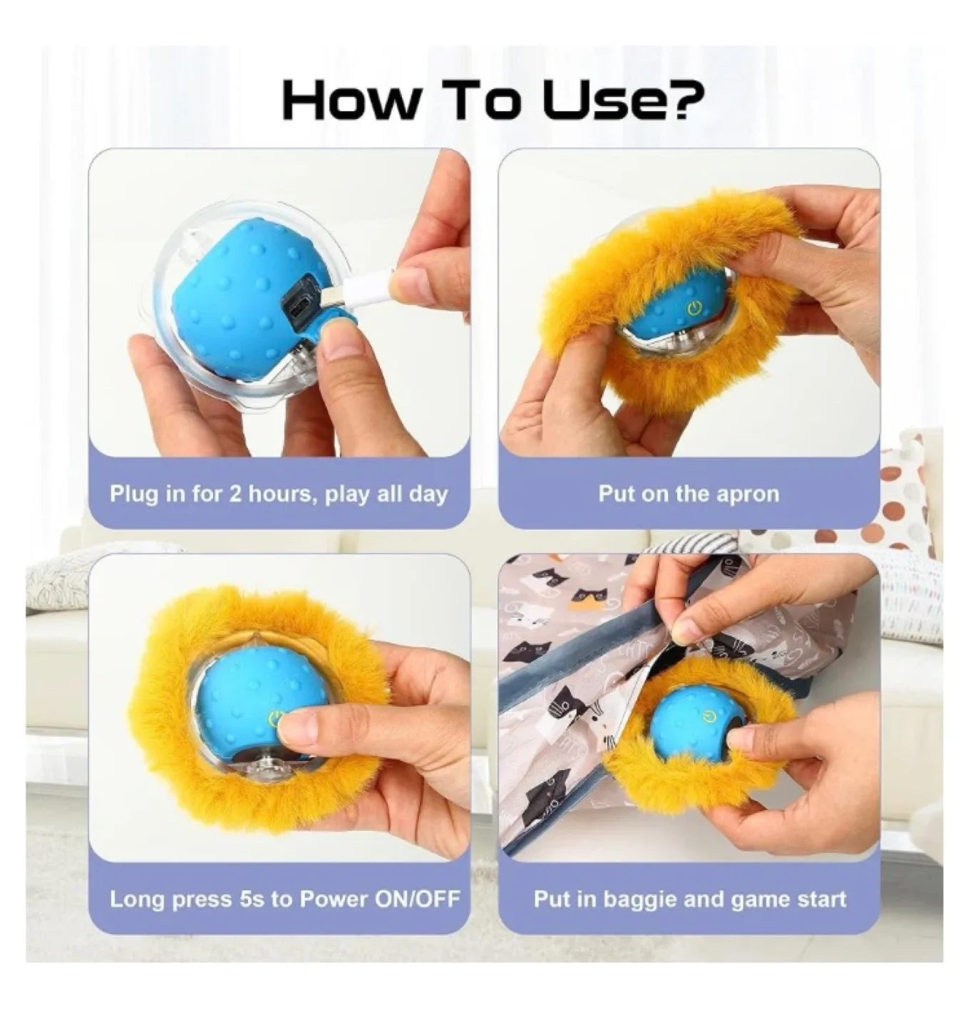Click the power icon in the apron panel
pyautogui.click(x=695, y=309)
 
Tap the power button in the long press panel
pyautogui.click(x=274, y=717)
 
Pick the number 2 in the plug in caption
pyautogui.click(x=235, y=494)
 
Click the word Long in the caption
pyautogui.click(x=135, y=898)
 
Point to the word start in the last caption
pyautogui.click(x=819, y=899)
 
